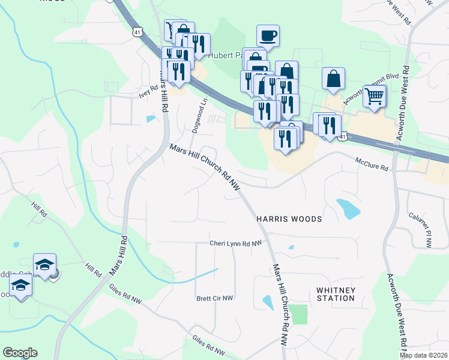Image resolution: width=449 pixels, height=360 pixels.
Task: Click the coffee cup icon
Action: coord(268,35)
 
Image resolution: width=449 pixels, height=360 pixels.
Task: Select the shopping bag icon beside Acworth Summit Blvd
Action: coord(333,79)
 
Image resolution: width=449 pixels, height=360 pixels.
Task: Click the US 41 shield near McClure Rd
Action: coord(342,137)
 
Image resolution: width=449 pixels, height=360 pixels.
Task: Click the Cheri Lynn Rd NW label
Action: coord(236,243)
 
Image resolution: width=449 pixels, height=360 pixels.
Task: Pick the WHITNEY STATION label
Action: coord(336,294)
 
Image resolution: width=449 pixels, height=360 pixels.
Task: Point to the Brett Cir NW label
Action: coord(214,298)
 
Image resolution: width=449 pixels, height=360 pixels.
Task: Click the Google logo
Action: coord(20,353)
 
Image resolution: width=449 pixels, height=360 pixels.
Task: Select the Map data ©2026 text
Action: coord(423,355)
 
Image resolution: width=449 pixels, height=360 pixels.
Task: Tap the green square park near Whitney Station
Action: coord(298,314)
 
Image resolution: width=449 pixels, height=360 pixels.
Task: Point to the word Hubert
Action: coord(220,55)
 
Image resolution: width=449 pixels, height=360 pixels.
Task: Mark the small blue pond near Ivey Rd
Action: coord(149,118)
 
